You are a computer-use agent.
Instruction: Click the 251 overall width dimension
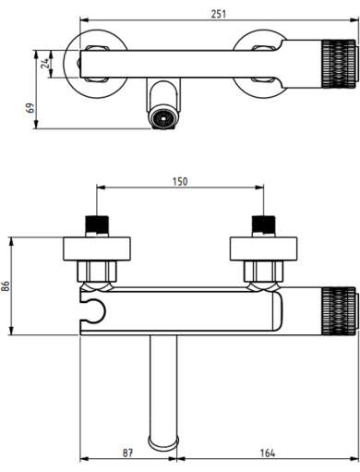tap(218, 14)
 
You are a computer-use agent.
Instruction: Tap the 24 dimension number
tap(45, 64)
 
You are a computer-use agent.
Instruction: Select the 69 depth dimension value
tap(30, 108)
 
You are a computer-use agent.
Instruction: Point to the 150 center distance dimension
tap(180, 181)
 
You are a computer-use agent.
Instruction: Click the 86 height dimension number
tap(6, 286)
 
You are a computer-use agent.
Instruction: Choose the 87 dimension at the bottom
tap(127, 453)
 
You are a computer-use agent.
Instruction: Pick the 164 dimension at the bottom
tap(268, 453)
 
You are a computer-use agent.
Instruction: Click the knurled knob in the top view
tap(339, 64)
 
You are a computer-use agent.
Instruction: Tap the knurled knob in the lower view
tap(339, 311)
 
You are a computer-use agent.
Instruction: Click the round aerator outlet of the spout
tap(162, 117)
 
